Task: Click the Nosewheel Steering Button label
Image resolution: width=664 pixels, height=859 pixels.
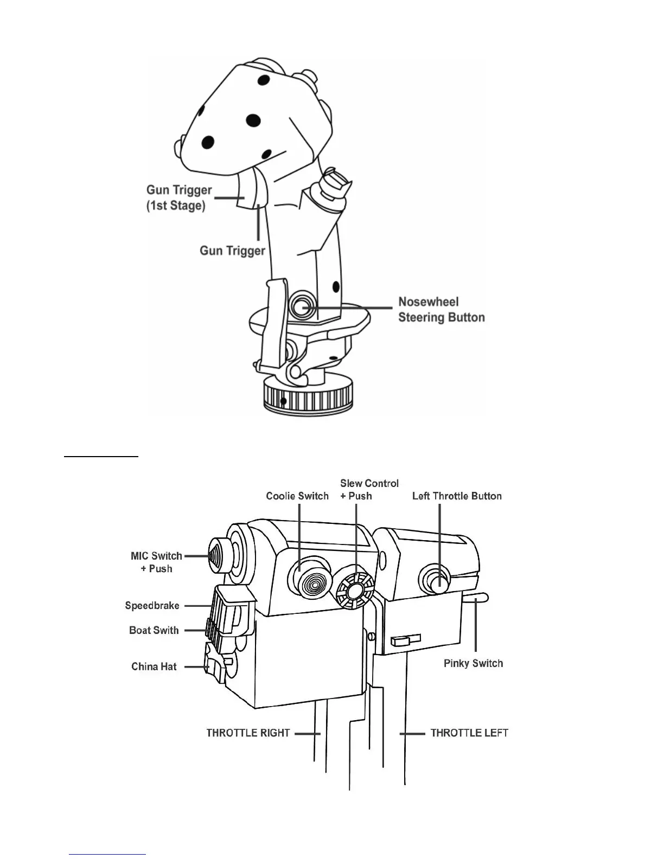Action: pyautogui.click(x=441, y=310)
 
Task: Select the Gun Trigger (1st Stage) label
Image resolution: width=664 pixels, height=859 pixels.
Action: pyautogui.click(x=179, y=198)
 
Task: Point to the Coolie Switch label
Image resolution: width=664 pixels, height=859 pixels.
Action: pyautogui.click(x=297, y=496)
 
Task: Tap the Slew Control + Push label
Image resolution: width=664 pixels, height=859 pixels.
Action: pyautogui.click(x=369, y=489)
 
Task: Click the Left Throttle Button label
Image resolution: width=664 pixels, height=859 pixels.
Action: pyautogui.click(x=457, y=496)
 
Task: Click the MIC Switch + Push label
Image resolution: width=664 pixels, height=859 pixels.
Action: pyautogui.click(x=156, y=562)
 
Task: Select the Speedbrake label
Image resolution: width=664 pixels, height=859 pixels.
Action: pyautogui.click(x=152, y=606)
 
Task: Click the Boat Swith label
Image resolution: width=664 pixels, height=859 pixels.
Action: pyautogui.click(x=154, y=630)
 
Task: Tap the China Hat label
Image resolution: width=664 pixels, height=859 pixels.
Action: pyautogui.click(x=154, y=666)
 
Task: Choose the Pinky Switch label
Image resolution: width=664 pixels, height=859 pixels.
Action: pyautogui.click(x=473, y=663)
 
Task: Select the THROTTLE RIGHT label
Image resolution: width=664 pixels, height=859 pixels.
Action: pyautogui.click(x=248, y=733)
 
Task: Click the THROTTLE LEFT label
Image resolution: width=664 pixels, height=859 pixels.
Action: pyautogui.click(x=469, y=733)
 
